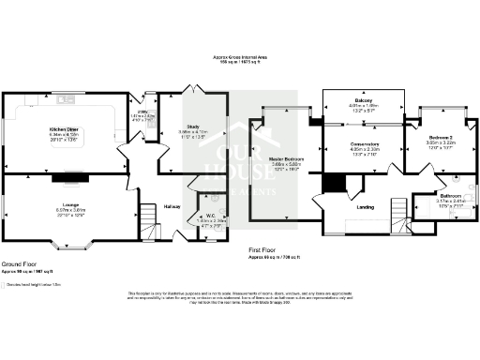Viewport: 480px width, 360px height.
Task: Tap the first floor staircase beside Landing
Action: pos(401,210)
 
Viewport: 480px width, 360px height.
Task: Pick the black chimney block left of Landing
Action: pos(334,182)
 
